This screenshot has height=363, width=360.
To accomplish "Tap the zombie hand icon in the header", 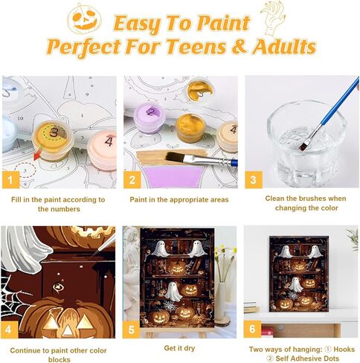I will coord(272,16).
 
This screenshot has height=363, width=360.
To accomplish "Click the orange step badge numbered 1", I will coord(10,179).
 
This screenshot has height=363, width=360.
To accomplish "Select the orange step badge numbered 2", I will coord(132,179).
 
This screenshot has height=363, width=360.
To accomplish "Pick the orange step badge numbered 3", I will coord(253,179).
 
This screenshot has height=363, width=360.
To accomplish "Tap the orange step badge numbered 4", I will coord(10,328).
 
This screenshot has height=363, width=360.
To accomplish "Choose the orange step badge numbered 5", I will coord(132,328).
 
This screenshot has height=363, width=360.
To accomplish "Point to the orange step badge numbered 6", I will coord(253,328).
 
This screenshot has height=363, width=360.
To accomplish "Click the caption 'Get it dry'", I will coord(180,347).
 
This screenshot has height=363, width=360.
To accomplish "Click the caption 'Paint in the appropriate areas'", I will coord(179,199).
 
